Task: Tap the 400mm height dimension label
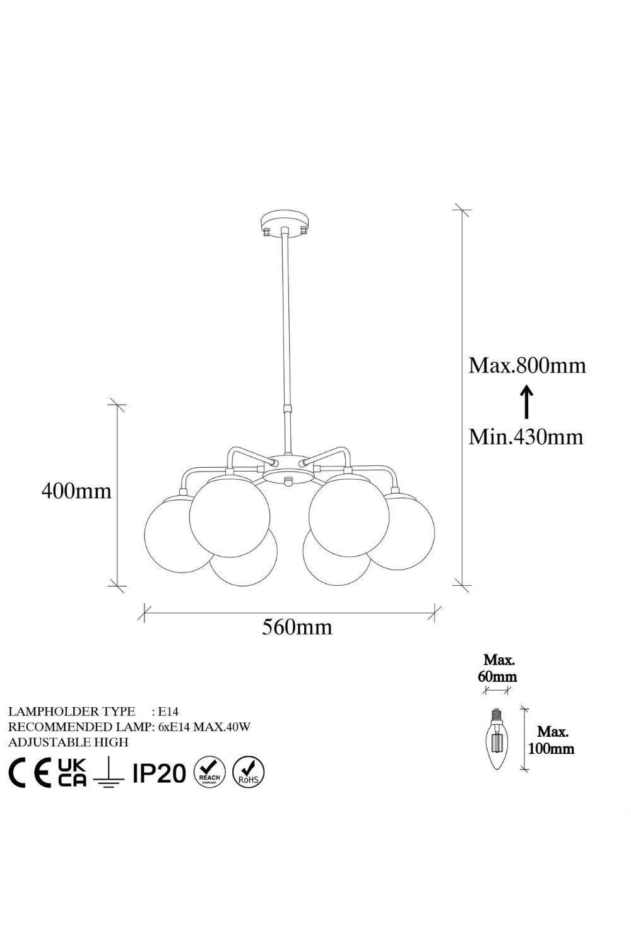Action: [x=76, y=491]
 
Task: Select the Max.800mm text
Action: [x=527, y=366]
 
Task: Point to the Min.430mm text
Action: [x=526, y=436]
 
